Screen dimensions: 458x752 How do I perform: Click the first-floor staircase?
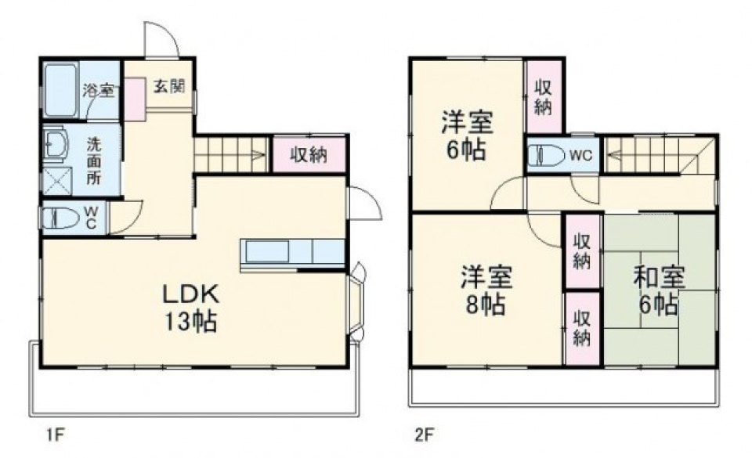click(232, 154)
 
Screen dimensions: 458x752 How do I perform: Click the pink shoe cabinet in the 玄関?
click(135, 99)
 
